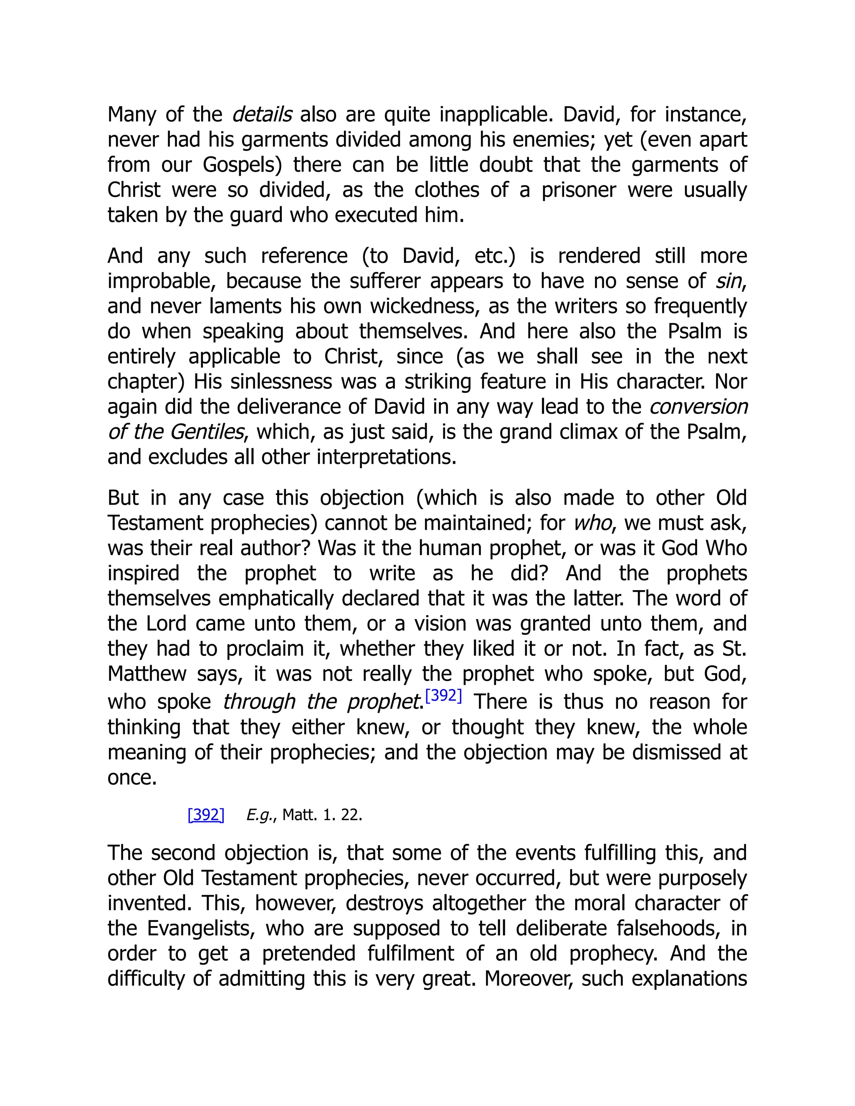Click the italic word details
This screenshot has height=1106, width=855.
click(262, 114)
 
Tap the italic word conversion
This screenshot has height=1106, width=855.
click(698, 407)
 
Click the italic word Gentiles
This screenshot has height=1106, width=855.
click(207, 432)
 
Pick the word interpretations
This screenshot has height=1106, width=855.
click(387, 457)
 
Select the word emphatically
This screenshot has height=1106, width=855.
click(276, 598)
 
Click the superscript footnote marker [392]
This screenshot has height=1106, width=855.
click(443, 696)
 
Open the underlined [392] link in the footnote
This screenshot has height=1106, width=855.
click(206, 815)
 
